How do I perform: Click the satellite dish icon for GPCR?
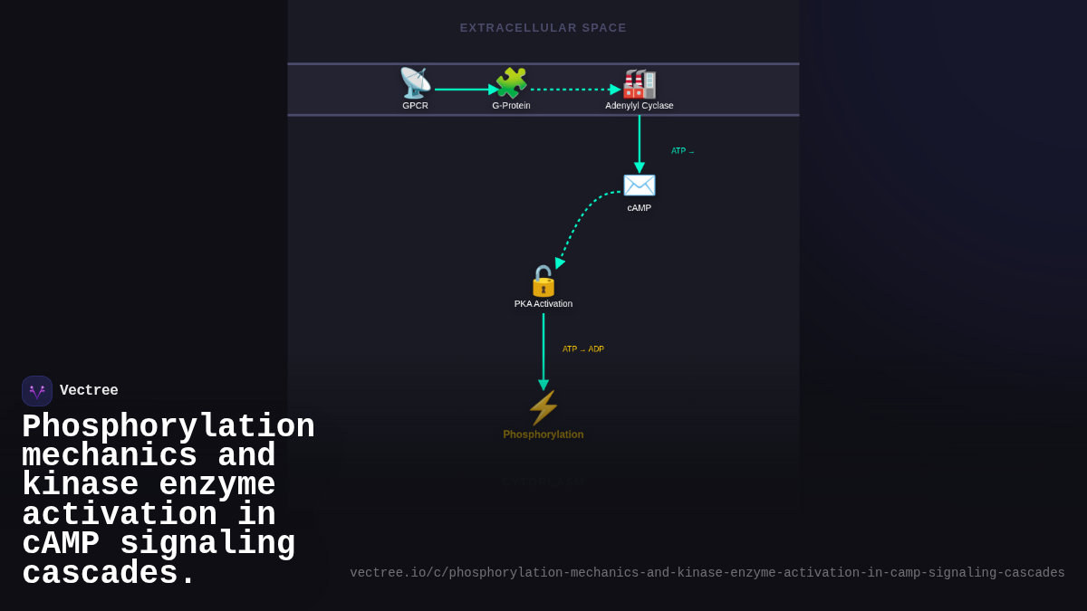(x=415, y=83)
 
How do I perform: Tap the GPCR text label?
(x=415, y=106)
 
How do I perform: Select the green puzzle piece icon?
(x=512, y=83)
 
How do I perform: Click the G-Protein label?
(x=511, y=106)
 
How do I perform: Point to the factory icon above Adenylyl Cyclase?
(x=640, y=83)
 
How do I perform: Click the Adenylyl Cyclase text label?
(x=640, y=106)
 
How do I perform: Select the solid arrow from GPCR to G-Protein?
(x=464, y=90)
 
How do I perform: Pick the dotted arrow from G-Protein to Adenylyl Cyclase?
(x=572, y=90)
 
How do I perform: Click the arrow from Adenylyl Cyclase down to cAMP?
(x=640, y=140)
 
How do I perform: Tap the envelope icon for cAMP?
(x=640, y=186)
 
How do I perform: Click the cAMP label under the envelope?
(x=640, y=208)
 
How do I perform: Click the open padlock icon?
(x=543, y=282)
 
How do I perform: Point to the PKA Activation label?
(x=543, y=304)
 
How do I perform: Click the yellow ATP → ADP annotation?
(x=583, y=349)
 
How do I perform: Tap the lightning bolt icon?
(x=543, y=408)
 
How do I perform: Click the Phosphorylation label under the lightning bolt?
(x=543, y=434)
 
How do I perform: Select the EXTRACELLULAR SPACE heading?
(x=543, y=28)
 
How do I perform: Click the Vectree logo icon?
(x=37, y=391)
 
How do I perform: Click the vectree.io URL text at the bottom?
(x=707, y=573)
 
